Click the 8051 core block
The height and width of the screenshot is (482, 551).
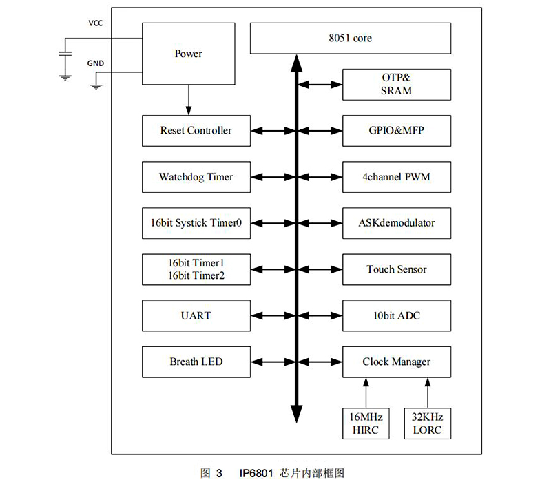350,39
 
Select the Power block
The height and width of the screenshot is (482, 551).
188,54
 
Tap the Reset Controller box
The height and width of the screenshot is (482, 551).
196,130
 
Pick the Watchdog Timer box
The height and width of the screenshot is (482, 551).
196,177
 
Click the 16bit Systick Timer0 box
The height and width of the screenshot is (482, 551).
196,223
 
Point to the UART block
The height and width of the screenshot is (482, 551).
196,315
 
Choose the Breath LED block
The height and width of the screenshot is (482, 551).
196,361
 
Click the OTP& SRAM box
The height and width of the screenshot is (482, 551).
396,84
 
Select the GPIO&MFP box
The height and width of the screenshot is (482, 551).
396,130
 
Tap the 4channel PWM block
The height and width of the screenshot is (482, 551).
396,177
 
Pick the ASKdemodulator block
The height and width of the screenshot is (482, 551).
396,223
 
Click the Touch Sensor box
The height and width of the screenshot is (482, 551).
396,269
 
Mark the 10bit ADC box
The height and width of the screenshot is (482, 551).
396,315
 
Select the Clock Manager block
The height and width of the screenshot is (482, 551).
396,361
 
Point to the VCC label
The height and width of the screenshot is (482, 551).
96,23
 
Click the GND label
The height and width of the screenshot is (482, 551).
96,63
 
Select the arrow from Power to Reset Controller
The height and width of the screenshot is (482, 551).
188,100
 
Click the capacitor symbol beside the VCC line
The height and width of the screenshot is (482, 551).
65,53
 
